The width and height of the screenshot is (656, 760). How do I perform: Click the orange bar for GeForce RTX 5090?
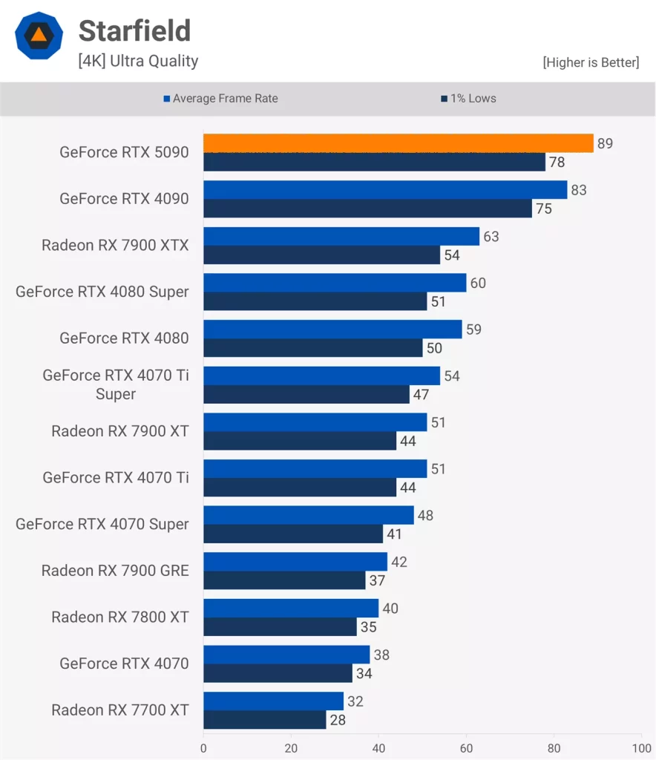point(398,143)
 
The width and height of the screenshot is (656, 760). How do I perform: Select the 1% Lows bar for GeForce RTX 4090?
point(367,209)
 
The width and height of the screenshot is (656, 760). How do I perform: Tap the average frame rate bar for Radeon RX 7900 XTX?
point(341,237)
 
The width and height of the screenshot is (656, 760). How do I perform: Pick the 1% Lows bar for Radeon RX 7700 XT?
point(264,720)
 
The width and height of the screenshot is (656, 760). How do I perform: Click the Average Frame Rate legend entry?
point(220,98)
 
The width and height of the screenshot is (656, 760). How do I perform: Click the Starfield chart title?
point(134,31)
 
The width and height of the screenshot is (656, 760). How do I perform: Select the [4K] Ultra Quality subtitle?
point(138,61)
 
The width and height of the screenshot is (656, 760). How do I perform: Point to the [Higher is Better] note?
point(591,62)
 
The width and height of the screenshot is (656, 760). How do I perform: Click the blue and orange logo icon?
point(39,36)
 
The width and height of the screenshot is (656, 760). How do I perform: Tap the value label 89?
point(605,143)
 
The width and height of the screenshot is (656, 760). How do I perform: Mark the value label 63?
point(491,237)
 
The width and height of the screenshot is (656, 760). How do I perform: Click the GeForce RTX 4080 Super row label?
point(102,292)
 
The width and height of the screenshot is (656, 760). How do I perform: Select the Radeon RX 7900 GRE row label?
point(115,571)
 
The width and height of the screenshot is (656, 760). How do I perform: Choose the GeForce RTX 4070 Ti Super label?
point(116,384)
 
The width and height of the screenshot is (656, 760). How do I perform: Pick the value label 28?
point(337,720)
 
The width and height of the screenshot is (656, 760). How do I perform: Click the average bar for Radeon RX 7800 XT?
point(291,609)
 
